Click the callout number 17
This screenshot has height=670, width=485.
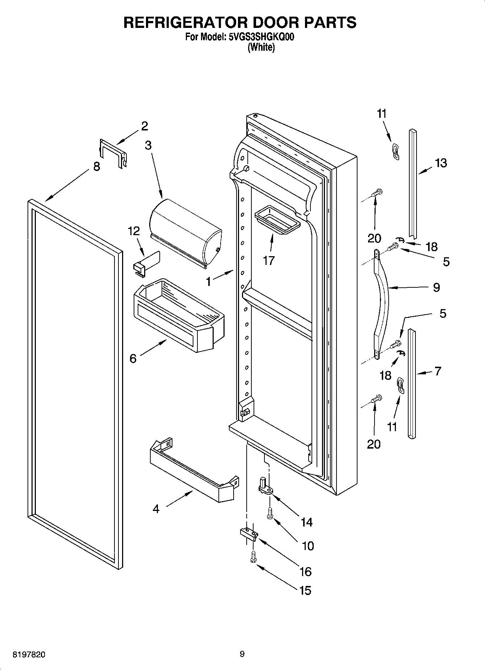pyautogui.click(x=268, y=260)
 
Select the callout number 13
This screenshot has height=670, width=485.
pyautogui.click(x=441, y=163)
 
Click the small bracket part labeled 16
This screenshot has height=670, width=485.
pyautogui.click(x=248, y=533)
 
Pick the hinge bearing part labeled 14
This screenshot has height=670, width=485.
pyautogui.click(x=266, y=486)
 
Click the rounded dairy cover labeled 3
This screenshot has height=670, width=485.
pyautogui.click(x=185, y=232)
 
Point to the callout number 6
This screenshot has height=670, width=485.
pyautogui.click(x=133, y=358)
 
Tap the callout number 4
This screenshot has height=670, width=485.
pyautogui.click(x=156, y=509)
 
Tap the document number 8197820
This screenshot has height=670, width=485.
pyautogui.click(x=29, y=654)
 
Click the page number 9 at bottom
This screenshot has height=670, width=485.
pyautogui.click(x=242, y=654)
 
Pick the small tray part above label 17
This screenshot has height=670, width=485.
pyautogui.click(x=277, y=220)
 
